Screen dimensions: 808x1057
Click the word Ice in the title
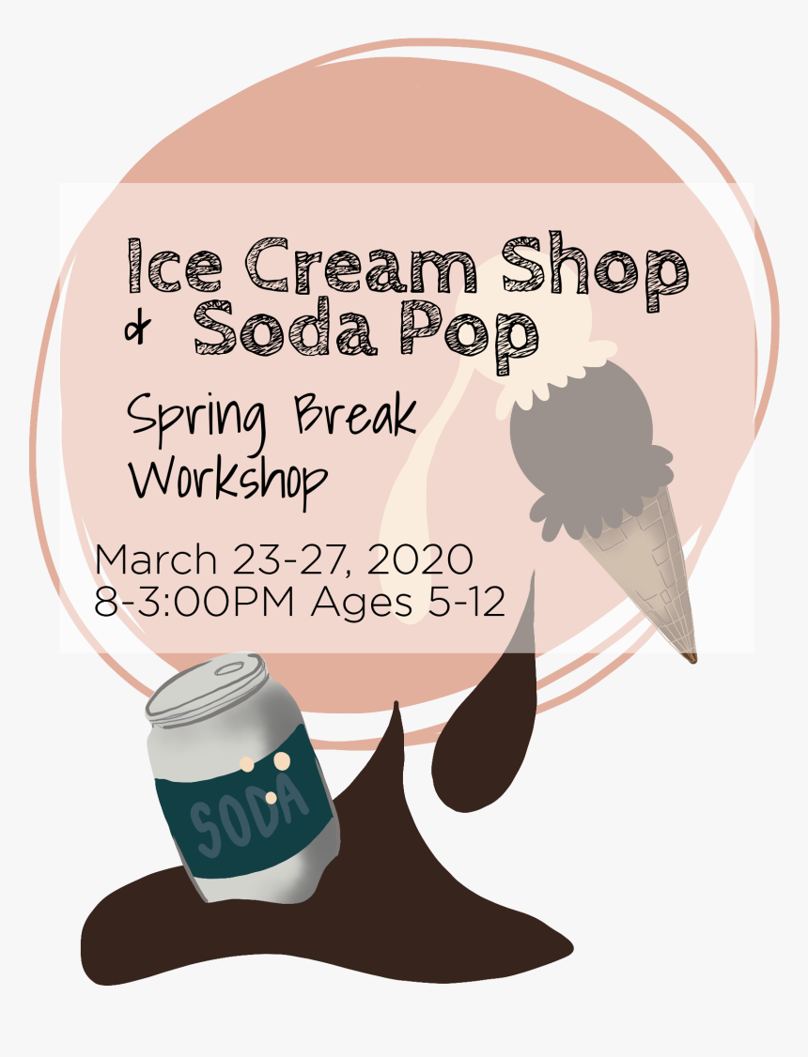coord(175,266)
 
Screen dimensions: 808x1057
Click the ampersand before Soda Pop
coord(137,329)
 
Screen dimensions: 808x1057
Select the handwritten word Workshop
coord(228,480)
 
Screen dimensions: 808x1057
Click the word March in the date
coord(156,559)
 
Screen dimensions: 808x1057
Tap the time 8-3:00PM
coord(194,602)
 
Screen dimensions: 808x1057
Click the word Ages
coord(361,604)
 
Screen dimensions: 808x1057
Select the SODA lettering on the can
coord(249,815)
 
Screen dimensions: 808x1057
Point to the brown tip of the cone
coord(690,657)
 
